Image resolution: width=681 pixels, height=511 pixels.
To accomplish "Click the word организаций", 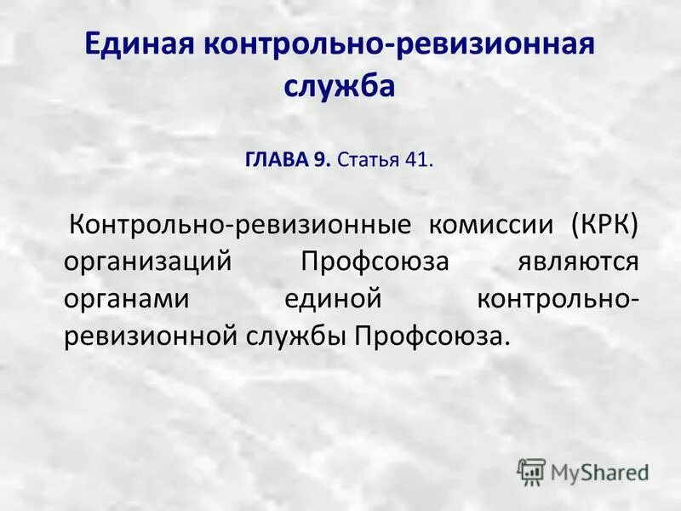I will pos(147,261).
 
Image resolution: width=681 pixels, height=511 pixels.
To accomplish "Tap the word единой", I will pos(329,299).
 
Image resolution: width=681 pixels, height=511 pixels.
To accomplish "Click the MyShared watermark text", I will pos(599,470).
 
